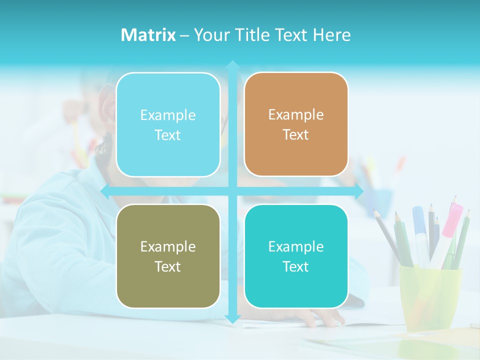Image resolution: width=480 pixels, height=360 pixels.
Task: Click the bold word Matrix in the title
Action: (x=148, y=35)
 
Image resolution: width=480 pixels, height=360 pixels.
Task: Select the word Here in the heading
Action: (x=331, y=35)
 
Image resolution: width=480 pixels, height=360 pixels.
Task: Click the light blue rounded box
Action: (x=168, y=124)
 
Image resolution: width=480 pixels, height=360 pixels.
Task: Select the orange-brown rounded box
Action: (x=296, y=124)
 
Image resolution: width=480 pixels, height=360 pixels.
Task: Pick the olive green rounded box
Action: (x=168, y=256)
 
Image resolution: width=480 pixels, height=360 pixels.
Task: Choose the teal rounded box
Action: (x=296, y=256)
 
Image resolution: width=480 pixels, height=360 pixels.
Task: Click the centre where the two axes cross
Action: (x=232, y=191)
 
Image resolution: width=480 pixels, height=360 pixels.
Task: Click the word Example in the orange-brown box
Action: (x=296, y=115)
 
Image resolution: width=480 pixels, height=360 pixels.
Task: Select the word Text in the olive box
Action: (x=168, y=266)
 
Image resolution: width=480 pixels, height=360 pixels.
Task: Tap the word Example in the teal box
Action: (x=296, y=246)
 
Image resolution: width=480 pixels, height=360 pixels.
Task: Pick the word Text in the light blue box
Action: (x=168, y=135)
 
